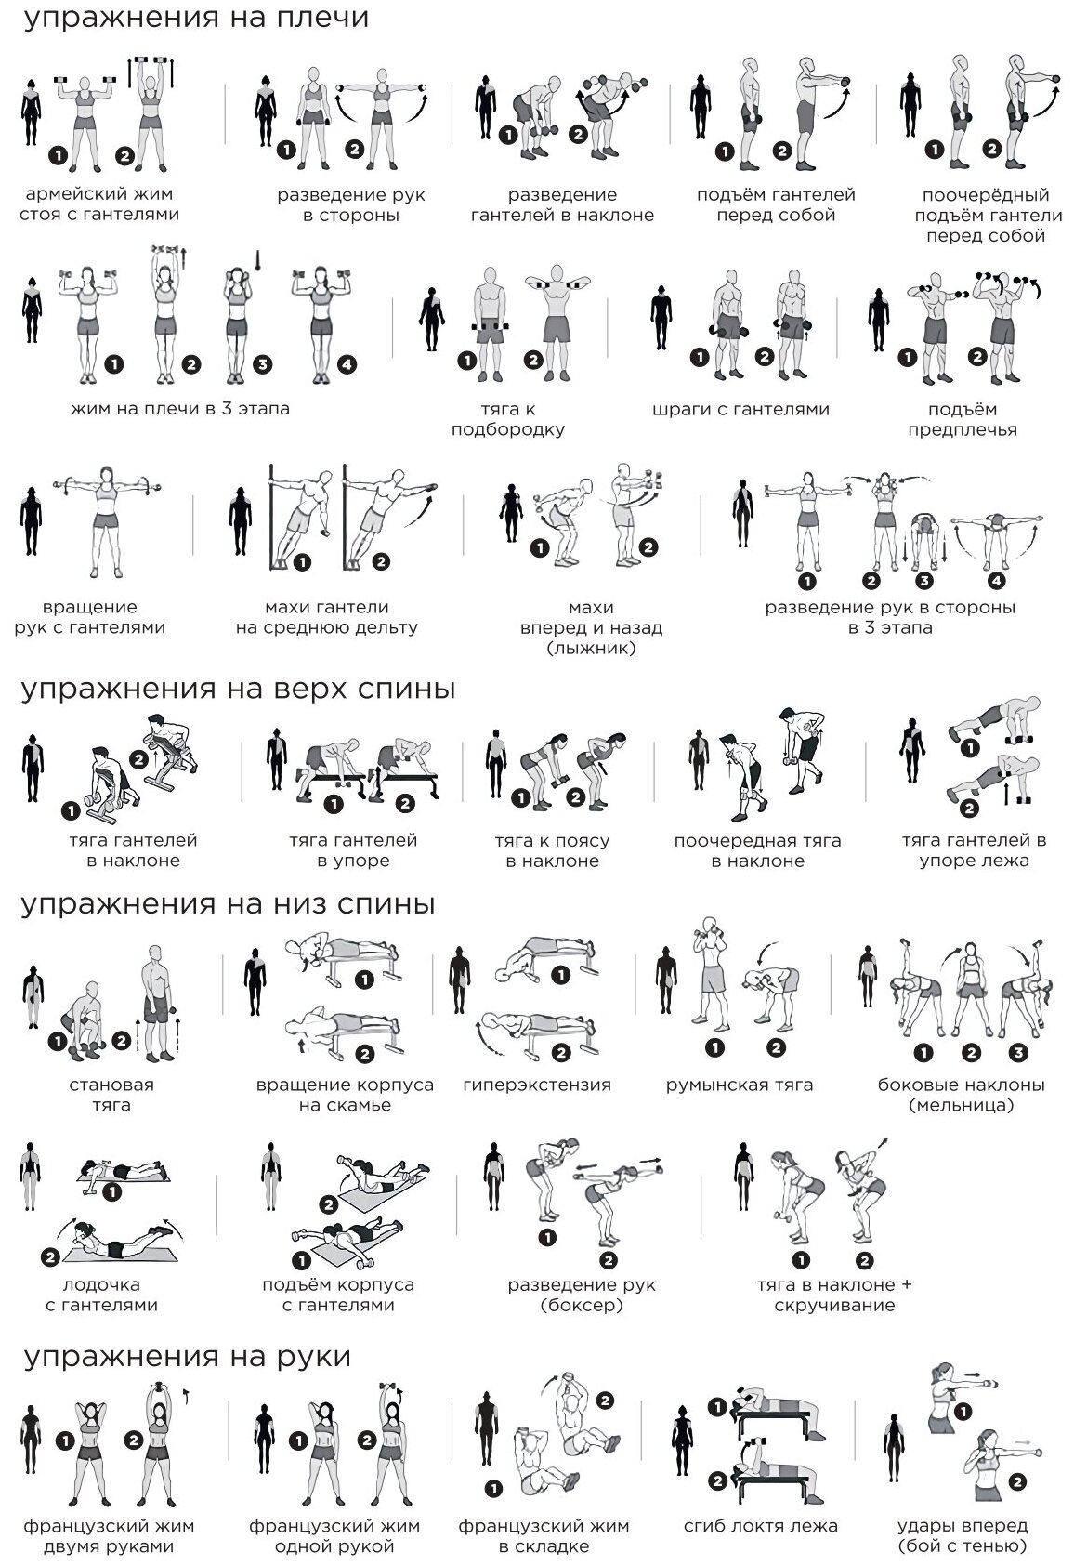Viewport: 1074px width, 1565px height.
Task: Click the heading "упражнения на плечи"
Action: [196, 19]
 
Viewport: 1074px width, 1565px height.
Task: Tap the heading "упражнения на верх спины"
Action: [239, 690]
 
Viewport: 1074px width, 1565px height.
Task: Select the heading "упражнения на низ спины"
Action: [229, 904]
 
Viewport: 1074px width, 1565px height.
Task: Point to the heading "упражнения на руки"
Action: [187, 1357]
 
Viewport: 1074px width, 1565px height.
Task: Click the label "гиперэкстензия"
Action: [537, 1085]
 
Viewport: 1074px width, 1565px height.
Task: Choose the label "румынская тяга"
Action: [740, 1085]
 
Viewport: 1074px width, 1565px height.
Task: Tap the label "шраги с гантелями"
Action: [740, 409]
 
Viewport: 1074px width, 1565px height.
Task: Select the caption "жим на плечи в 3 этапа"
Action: [180, 409]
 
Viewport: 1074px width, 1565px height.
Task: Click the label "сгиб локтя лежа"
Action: [761, 1526]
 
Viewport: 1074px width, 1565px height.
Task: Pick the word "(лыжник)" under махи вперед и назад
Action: [591, 648]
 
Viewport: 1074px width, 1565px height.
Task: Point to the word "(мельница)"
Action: [962, 1105]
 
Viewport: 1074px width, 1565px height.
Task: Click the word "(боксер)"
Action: [581, 1305]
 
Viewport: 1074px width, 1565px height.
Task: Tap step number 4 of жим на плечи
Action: [347, 364]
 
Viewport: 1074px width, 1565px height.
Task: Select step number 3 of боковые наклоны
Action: [1019, 1053]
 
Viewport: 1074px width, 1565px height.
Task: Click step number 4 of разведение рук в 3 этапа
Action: [996, 582]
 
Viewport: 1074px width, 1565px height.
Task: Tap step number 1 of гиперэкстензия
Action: [560, 975]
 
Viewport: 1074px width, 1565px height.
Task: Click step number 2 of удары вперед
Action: [1017, 1480]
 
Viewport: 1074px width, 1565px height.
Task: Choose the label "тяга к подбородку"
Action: [507, 419]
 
